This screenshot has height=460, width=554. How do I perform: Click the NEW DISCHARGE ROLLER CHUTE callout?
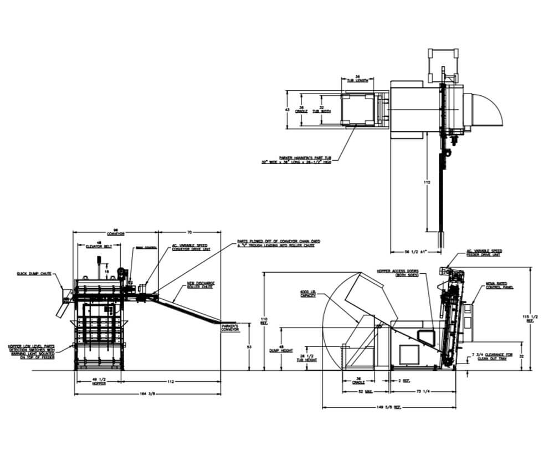coord(201,286)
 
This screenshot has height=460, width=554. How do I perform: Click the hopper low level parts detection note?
coord(30,351)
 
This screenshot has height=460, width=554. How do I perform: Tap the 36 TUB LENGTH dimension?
coord(357,79)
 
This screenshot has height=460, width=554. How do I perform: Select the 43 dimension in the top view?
coord(286,109)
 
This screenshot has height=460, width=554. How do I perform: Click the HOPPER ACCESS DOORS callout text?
coord(397,273)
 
